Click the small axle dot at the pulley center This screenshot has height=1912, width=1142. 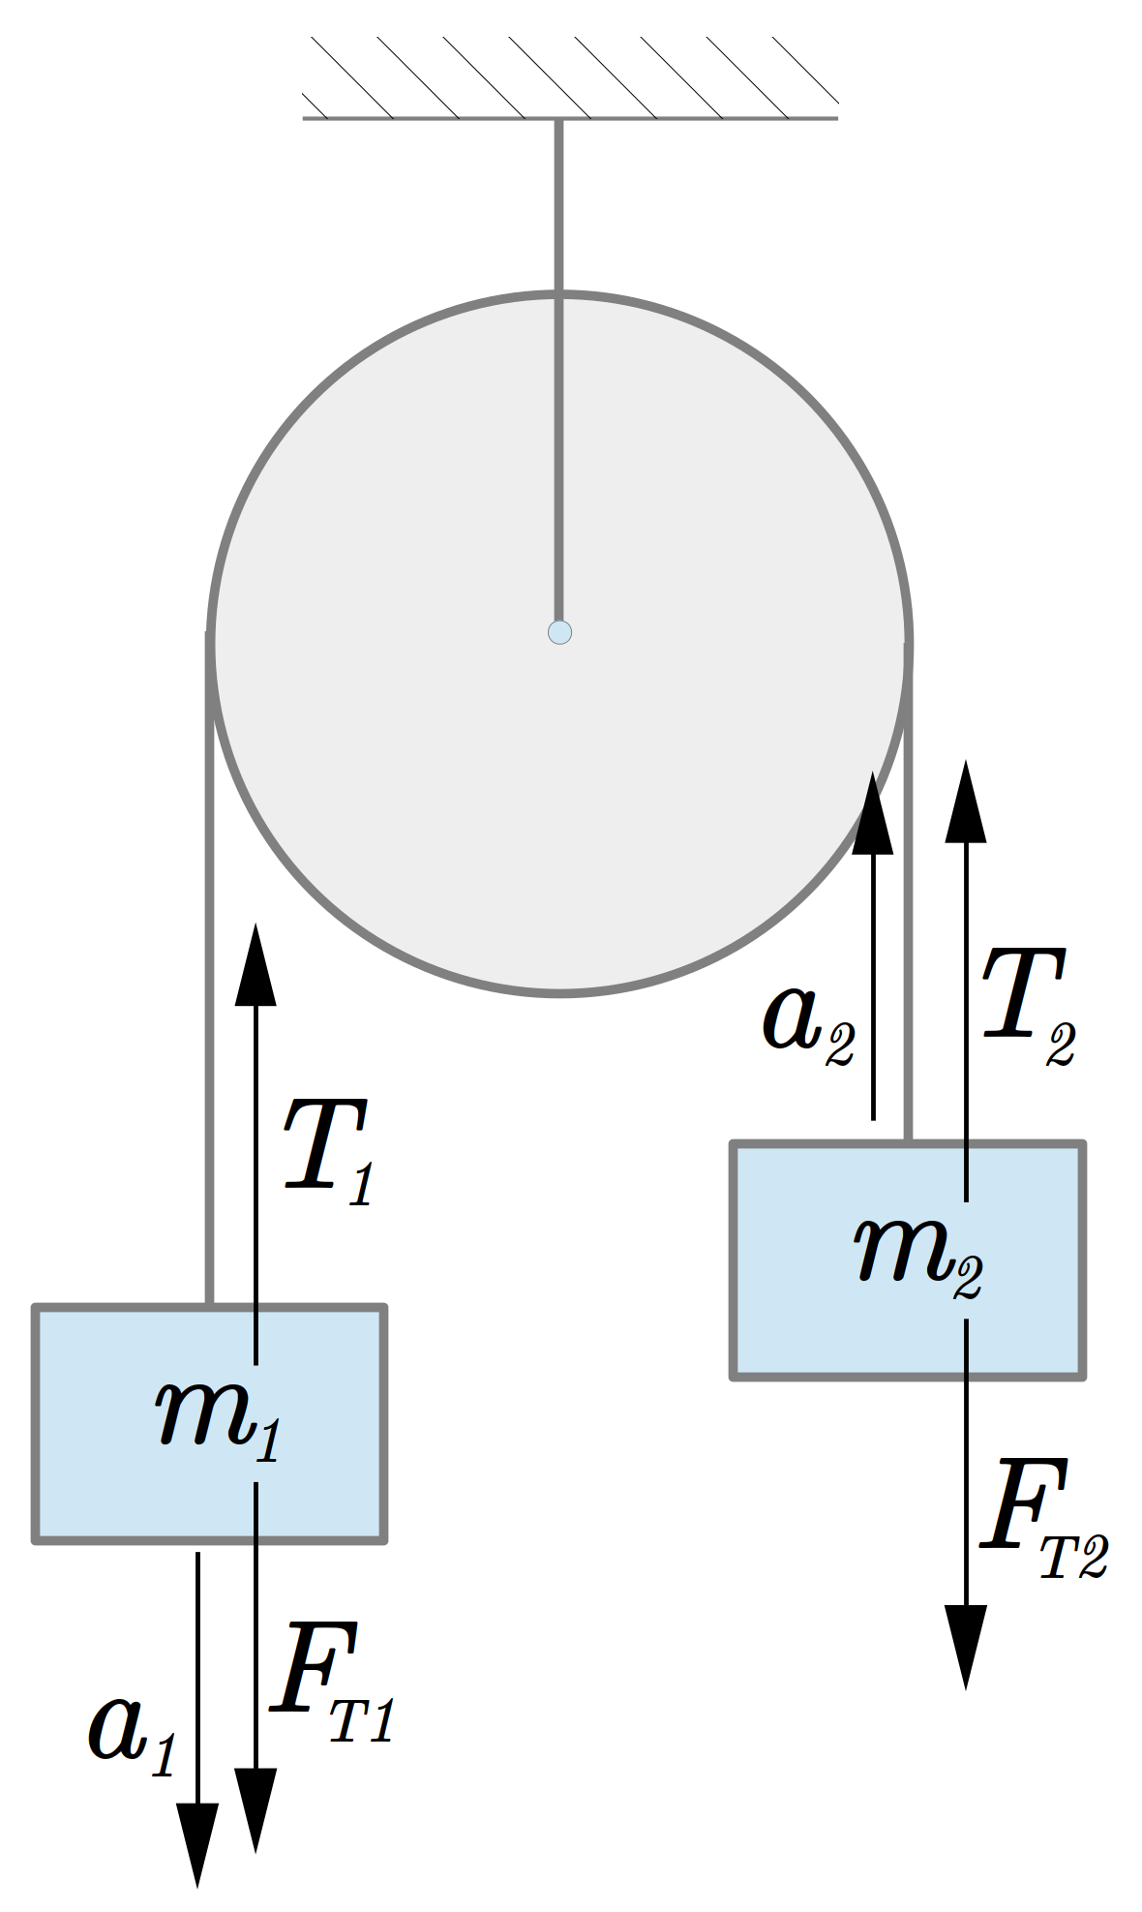pos(559,632)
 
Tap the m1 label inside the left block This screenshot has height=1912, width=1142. pos(219,1418)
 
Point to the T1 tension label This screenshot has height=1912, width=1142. pos(328,1152)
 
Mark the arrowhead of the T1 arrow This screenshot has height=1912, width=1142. pos(255,964)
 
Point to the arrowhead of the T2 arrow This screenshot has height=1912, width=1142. pos(966,802)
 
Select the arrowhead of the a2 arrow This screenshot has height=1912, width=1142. pos(873,812)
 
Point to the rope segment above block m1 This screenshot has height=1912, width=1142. pos(209,968)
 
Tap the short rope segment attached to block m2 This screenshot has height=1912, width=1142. pos(908,891)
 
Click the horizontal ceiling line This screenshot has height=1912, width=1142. pos(570,118)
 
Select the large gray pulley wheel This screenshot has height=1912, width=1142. pos(559,643)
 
